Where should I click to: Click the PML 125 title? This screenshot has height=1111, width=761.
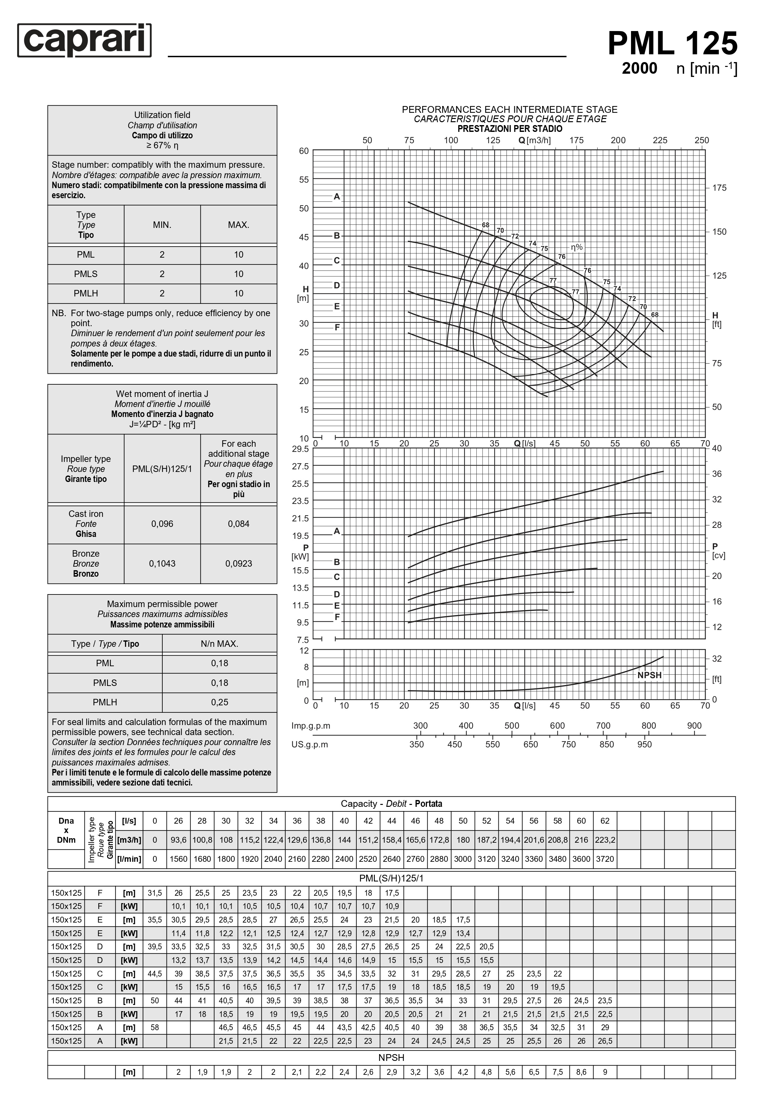672,44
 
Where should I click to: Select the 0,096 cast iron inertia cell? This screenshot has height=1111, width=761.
162,524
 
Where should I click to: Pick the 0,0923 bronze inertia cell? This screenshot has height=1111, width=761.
238,564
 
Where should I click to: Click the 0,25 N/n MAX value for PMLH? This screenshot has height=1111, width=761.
220,702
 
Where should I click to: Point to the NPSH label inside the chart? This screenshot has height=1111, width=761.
649,675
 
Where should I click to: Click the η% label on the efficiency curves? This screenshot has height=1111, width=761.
576,247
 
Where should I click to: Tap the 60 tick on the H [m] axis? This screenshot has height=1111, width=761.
304,151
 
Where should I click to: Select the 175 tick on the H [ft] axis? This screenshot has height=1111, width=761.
719,188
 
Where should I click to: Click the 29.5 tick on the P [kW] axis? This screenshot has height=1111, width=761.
300,449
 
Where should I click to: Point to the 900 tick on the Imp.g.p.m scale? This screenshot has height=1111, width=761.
694,726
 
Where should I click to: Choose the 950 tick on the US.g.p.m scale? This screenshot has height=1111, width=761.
644,744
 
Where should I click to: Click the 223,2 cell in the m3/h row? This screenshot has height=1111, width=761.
604,840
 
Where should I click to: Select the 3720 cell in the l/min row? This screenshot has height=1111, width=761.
604,859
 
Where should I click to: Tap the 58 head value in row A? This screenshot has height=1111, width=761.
155,1027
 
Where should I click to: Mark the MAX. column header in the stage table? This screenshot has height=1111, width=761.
238,225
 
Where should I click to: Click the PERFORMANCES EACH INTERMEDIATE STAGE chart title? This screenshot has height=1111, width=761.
509,110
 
